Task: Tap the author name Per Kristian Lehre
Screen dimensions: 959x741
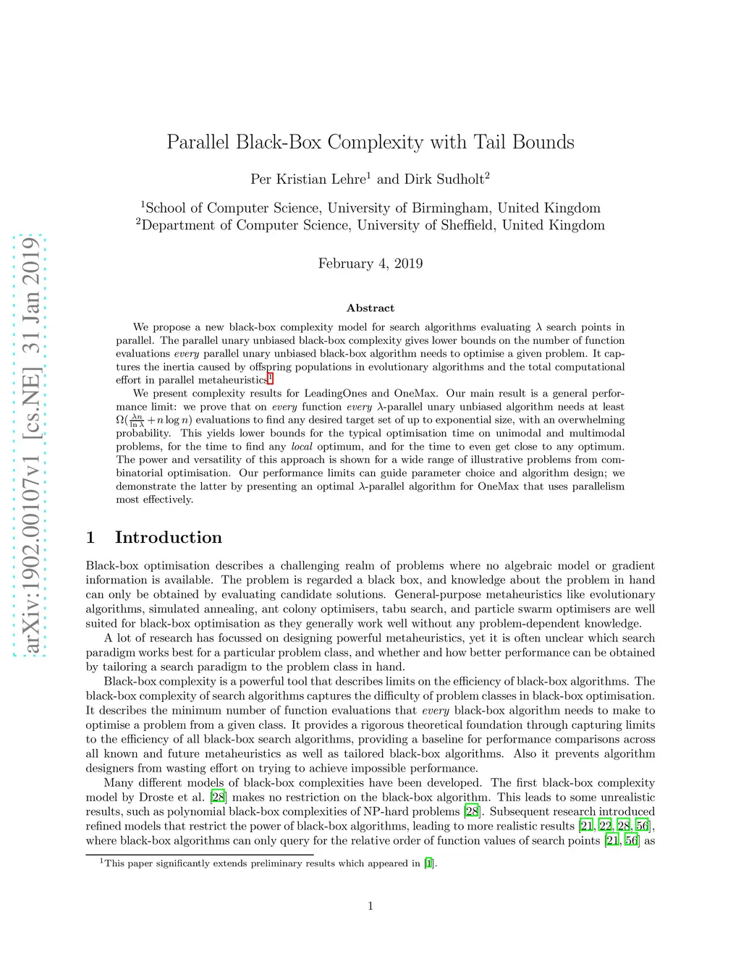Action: [308, 179]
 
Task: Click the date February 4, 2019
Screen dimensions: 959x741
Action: [370, 263]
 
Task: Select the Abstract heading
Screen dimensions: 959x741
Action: [370, 308]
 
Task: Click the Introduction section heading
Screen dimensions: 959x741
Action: [168, 537]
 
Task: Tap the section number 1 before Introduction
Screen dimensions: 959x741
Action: [90, 537]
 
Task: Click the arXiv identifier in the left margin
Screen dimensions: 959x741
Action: [30, 445]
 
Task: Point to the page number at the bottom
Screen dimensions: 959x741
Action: [370, 905]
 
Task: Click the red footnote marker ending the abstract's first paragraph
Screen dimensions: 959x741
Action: [270, 378]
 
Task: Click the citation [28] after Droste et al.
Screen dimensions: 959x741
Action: [218, 797]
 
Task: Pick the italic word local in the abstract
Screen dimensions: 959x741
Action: [302, 447]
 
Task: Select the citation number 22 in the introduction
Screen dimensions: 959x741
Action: [606, 826]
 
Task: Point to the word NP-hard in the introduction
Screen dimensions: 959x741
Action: [362, 811]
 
